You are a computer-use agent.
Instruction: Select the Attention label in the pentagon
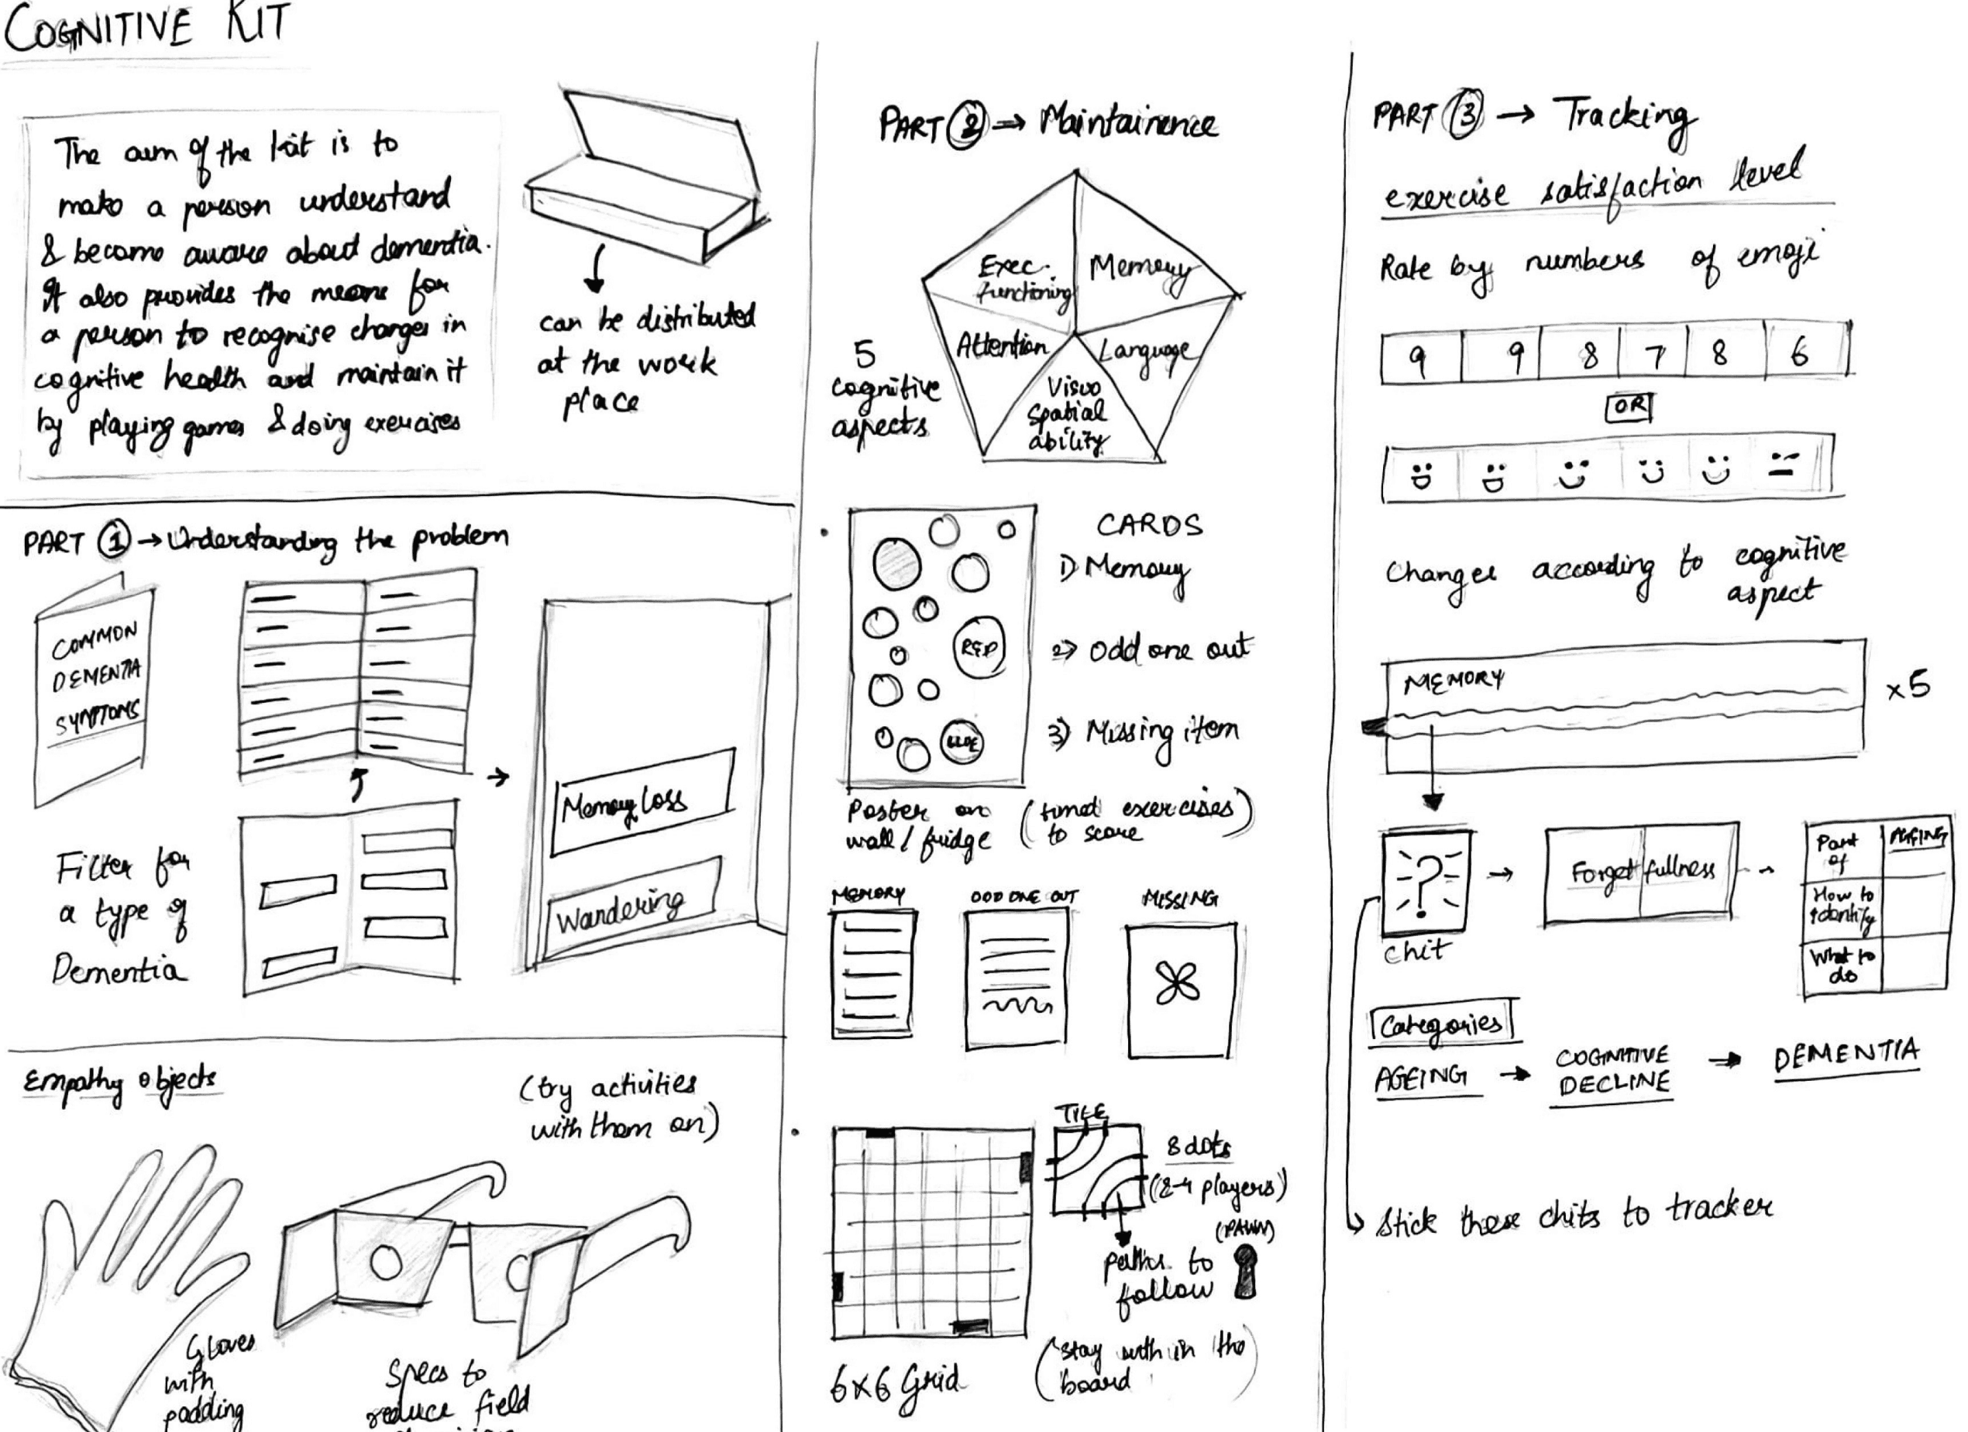1003,347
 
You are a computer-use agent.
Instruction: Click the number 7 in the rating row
1654,356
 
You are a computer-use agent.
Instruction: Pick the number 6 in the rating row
1800,353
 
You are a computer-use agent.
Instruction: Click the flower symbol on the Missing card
1178,986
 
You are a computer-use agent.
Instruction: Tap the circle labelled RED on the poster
979,648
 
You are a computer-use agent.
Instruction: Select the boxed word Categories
1440,1025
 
